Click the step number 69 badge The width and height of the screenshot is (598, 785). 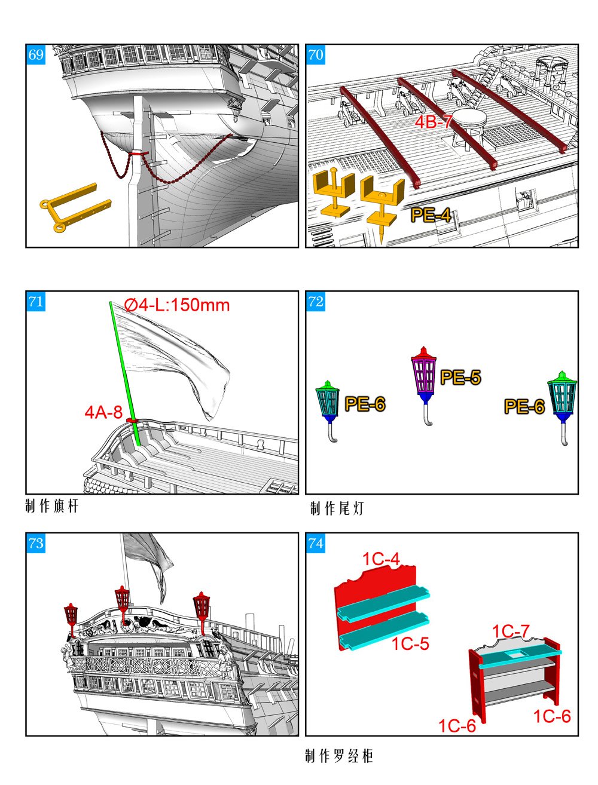tap(36, 55)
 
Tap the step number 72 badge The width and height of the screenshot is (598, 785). tap(316, 302)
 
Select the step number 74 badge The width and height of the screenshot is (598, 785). tap(316, 543)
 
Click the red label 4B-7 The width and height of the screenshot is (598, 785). tap(434, 122)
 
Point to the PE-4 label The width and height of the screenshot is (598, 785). tap(431, 215)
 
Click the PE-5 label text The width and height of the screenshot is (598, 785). tap(460, 378)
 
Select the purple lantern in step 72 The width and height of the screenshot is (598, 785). tap(424, 373)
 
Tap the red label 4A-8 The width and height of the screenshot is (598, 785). tap(103, 412)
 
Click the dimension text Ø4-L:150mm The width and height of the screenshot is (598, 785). tap(177, 305)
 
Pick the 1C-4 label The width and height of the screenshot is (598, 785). tap(381, 559)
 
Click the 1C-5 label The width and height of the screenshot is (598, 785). tap(410, 644)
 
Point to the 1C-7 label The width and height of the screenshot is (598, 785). tap(511, 631)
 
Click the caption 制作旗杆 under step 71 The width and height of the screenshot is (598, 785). tap(52, 507)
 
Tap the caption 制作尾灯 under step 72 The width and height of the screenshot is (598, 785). tap(337, 508)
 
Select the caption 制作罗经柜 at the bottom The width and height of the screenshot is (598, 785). tap(338, 756)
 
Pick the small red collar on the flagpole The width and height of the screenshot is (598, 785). tap(132, 421)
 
